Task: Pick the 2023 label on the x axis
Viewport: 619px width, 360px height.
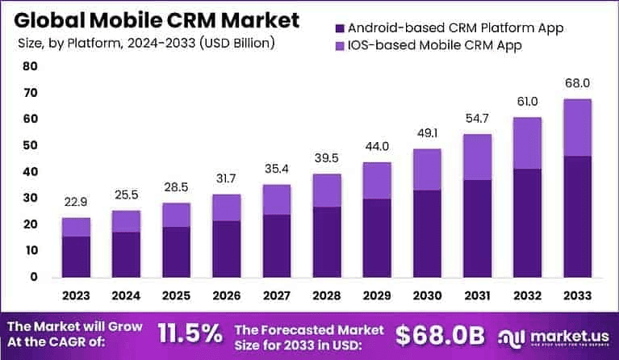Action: (75, 295)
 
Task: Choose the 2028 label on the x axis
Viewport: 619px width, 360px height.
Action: (328, 295)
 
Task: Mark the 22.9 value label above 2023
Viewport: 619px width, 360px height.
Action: (75, 202)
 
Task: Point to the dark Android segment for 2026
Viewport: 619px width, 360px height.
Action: (227, 248)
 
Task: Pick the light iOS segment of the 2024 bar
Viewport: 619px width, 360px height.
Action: (126, 221)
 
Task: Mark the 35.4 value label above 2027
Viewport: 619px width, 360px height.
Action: (278, 169)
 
